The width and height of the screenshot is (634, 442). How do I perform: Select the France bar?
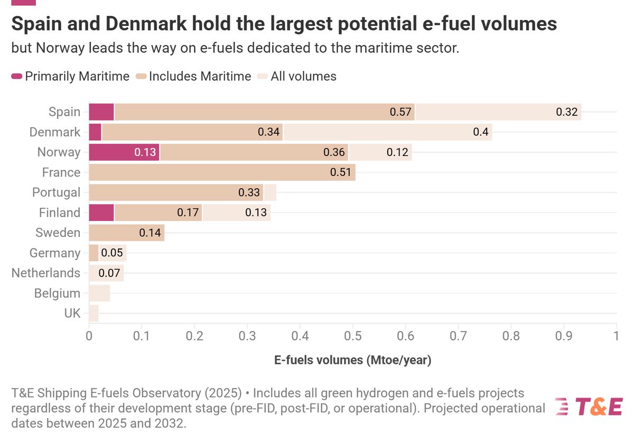click(x=222, y=172)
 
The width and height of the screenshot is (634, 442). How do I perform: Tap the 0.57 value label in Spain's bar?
click(x=400, y=112)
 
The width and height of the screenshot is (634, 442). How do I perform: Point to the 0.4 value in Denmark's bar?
click(x=481, y=132)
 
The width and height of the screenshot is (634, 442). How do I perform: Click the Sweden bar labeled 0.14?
click(x=127, y=233)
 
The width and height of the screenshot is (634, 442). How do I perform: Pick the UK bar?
click(x=94, y=314)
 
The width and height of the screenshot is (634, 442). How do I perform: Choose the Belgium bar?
click(x=99, y=293)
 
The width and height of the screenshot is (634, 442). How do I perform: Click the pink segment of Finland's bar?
click(x=101, y=213)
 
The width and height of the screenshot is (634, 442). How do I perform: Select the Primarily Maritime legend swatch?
click(x=16, y=76)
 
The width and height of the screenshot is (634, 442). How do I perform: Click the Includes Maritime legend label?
click(x=200, y=76)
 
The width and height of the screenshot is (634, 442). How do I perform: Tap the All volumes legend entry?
click(x=303, y=76)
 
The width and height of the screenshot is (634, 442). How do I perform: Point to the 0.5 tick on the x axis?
click(x=353, y=336)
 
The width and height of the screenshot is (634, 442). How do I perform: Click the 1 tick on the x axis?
click(x=617, y=336)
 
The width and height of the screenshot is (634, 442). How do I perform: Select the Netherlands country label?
click(x=46, y=273)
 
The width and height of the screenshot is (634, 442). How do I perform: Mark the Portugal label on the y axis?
click(x=57, y=192)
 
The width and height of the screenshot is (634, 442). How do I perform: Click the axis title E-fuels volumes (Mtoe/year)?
click(x=353, y=361)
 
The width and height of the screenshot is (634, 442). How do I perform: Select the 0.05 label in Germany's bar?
click(x=112, y=253)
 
